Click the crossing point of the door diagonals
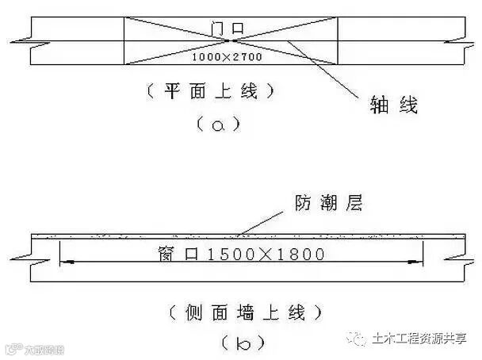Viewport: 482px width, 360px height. pyautogui.click(x=231, y=40)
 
